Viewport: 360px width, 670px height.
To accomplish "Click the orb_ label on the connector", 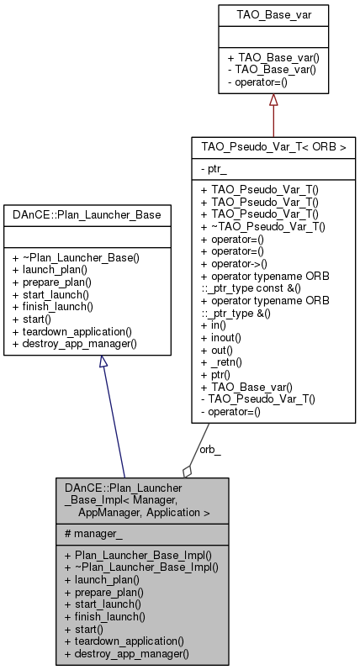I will [x=209, y=448].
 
